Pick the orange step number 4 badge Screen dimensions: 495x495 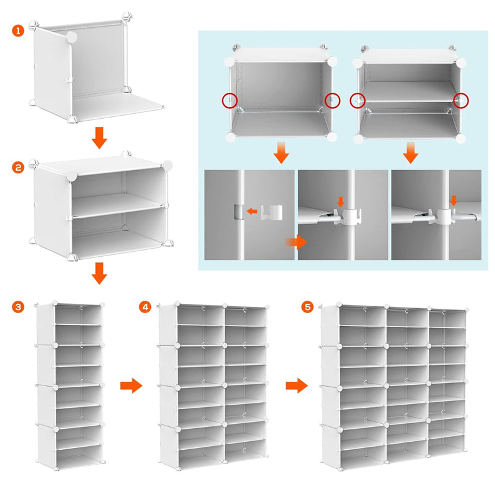(145, 307)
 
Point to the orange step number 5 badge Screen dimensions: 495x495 (307, 307)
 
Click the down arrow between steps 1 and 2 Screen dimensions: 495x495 (98, 139)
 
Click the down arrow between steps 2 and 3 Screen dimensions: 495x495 (98, 273)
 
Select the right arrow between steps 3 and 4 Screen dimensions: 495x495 (131, 386)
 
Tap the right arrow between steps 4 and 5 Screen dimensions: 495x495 (297, 386)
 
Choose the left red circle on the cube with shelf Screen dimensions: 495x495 (358, 100)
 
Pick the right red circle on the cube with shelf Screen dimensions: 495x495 (460, 100)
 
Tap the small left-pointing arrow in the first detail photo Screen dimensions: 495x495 (252, 212)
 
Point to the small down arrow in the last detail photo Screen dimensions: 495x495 (454, 200)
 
